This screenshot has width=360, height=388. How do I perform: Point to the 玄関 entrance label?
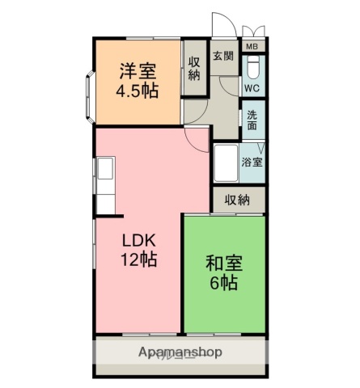click(223, 56)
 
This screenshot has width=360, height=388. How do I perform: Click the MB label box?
click(253, 47)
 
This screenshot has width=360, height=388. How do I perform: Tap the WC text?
click(252, 87)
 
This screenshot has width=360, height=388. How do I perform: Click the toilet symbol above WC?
click(253, 66)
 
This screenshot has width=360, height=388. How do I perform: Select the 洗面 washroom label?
click(252, 120)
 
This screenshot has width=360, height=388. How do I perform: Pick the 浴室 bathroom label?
click(252, 162)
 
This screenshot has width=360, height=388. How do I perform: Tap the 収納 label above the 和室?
click(237, 200)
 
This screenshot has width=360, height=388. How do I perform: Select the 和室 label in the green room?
click(223, 264)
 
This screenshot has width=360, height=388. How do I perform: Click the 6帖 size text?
click(223, 283)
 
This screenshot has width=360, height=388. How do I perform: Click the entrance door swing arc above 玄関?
click(219, 26)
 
